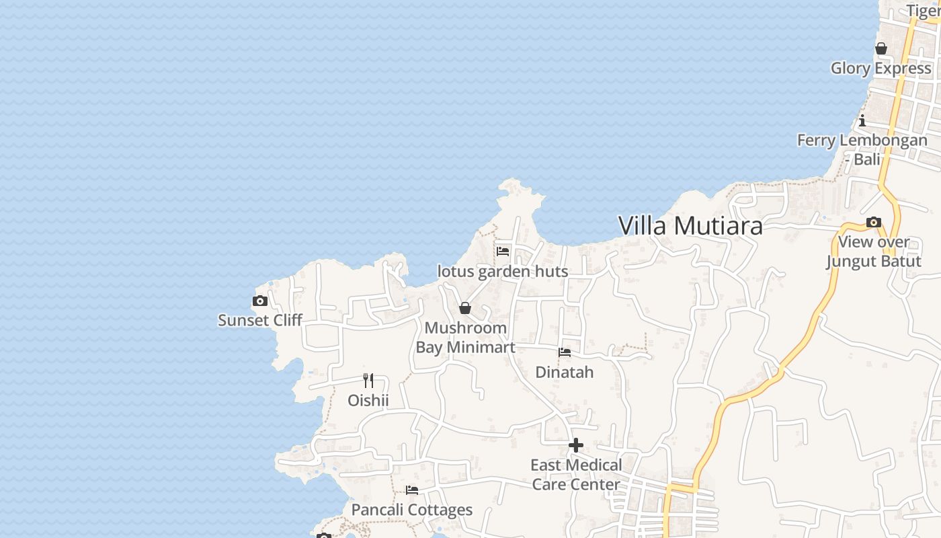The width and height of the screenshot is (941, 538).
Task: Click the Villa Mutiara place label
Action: (690, 226)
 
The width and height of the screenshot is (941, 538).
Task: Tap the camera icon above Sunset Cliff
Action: (260, 301)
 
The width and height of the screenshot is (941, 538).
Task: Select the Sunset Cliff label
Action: (260, 320)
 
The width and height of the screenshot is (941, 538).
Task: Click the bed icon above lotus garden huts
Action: (503, 252)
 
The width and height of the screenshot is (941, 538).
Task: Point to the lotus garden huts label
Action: (503, 272)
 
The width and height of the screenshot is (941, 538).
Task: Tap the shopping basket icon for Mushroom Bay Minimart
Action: (464, 309)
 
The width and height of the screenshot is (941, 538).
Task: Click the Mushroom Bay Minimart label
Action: (465, 338)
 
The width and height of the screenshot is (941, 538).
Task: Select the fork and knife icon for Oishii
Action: (368, 381)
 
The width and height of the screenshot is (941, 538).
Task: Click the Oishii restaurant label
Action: (368, 401)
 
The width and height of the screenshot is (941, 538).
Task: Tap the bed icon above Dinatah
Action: (565, 352)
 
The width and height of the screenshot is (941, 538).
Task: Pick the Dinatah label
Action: (565, 372)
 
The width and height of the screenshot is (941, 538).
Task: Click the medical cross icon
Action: (576, 445)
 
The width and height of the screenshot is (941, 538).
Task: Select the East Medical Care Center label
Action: (576, 475)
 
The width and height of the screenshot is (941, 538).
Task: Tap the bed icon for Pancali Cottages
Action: (412, 490)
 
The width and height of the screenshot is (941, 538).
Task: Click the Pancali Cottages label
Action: (412, 510)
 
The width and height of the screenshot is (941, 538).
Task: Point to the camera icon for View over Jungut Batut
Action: (874, 222)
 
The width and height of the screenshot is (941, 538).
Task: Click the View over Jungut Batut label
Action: (874, 252)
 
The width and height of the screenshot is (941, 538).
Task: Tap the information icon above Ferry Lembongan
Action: (862, 120)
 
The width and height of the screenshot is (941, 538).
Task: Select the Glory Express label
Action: (881, 69)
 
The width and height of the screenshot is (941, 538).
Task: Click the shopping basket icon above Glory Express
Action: (881, 49)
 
